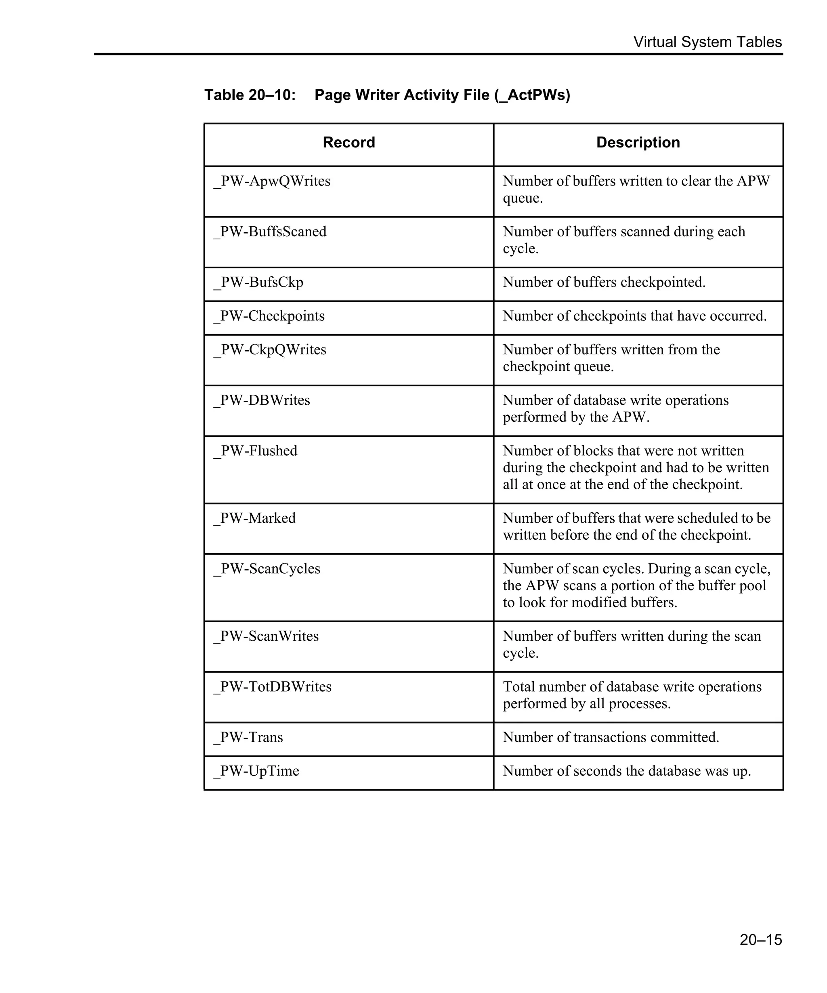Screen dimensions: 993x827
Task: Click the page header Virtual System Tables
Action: pyautogui.click(x=707, y=42)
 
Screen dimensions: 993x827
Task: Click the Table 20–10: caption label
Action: pyautogui.click(x=250, y=95)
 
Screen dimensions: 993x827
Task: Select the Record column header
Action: pyautogui.click(x=349, y=142)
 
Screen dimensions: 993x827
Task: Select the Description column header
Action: pyautogui.click(x=638, y=142)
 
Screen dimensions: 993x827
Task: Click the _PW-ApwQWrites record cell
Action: pyautogui.click(x=272, y=181)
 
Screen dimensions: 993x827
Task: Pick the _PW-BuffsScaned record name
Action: pyautogui.click(x=270, y=232)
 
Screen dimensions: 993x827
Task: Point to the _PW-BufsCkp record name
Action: pyautogui.click(x=258, y=282)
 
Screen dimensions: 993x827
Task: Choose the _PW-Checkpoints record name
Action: pyautogui.click(x=269, y=316)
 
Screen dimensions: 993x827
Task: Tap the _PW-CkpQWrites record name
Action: pyautogui.click(x=270, y=349)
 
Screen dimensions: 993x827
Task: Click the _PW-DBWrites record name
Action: pyautogui.click(x=262, y=400)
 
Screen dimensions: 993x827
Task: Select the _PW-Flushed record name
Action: pyautogui.click(x=256, y=450)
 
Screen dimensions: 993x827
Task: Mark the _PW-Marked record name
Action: pyautogui.click(x=255, y=518)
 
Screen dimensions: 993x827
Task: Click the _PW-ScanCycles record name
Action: pyautogui.click(x=267, y=569)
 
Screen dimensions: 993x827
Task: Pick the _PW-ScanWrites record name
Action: pyautogui.click(x=266, y=636)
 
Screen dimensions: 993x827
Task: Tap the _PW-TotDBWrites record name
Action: pyautogui.click(x=273, y=687)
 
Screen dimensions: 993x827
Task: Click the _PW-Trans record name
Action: pyautogui.click(x=248, y=738)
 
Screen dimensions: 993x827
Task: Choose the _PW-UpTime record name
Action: pyautogui.click(x=256, y=771)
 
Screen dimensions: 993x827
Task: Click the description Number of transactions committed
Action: pyautogui.click(x=611, y=738)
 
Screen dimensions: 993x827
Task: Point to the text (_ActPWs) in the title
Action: pyautogui.click(x=532, y=95)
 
